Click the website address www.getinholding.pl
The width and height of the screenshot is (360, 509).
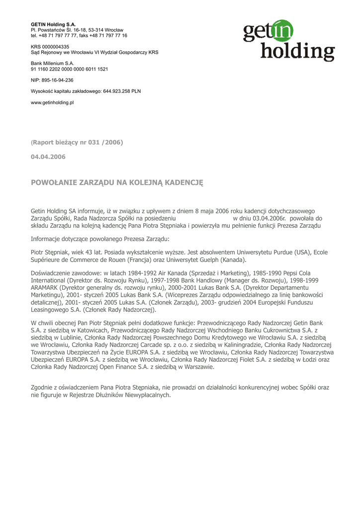(52, 102)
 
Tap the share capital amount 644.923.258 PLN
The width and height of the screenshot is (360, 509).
(121, 91)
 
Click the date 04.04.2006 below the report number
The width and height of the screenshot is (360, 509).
(48, 157)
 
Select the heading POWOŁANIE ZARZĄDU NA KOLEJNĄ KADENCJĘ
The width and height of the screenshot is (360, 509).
(117, 183)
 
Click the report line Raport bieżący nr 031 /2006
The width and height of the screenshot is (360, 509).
(77, 143)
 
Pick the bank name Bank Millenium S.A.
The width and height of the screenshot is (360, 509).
(52, 64)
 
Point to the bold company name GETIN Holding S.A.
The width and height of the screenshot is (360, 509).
(53, 24)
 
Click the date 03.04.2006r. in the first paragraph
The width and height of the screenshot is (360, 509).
(269, 218)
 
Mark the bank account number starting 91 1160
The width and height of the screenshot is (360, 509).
(70, 69)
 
